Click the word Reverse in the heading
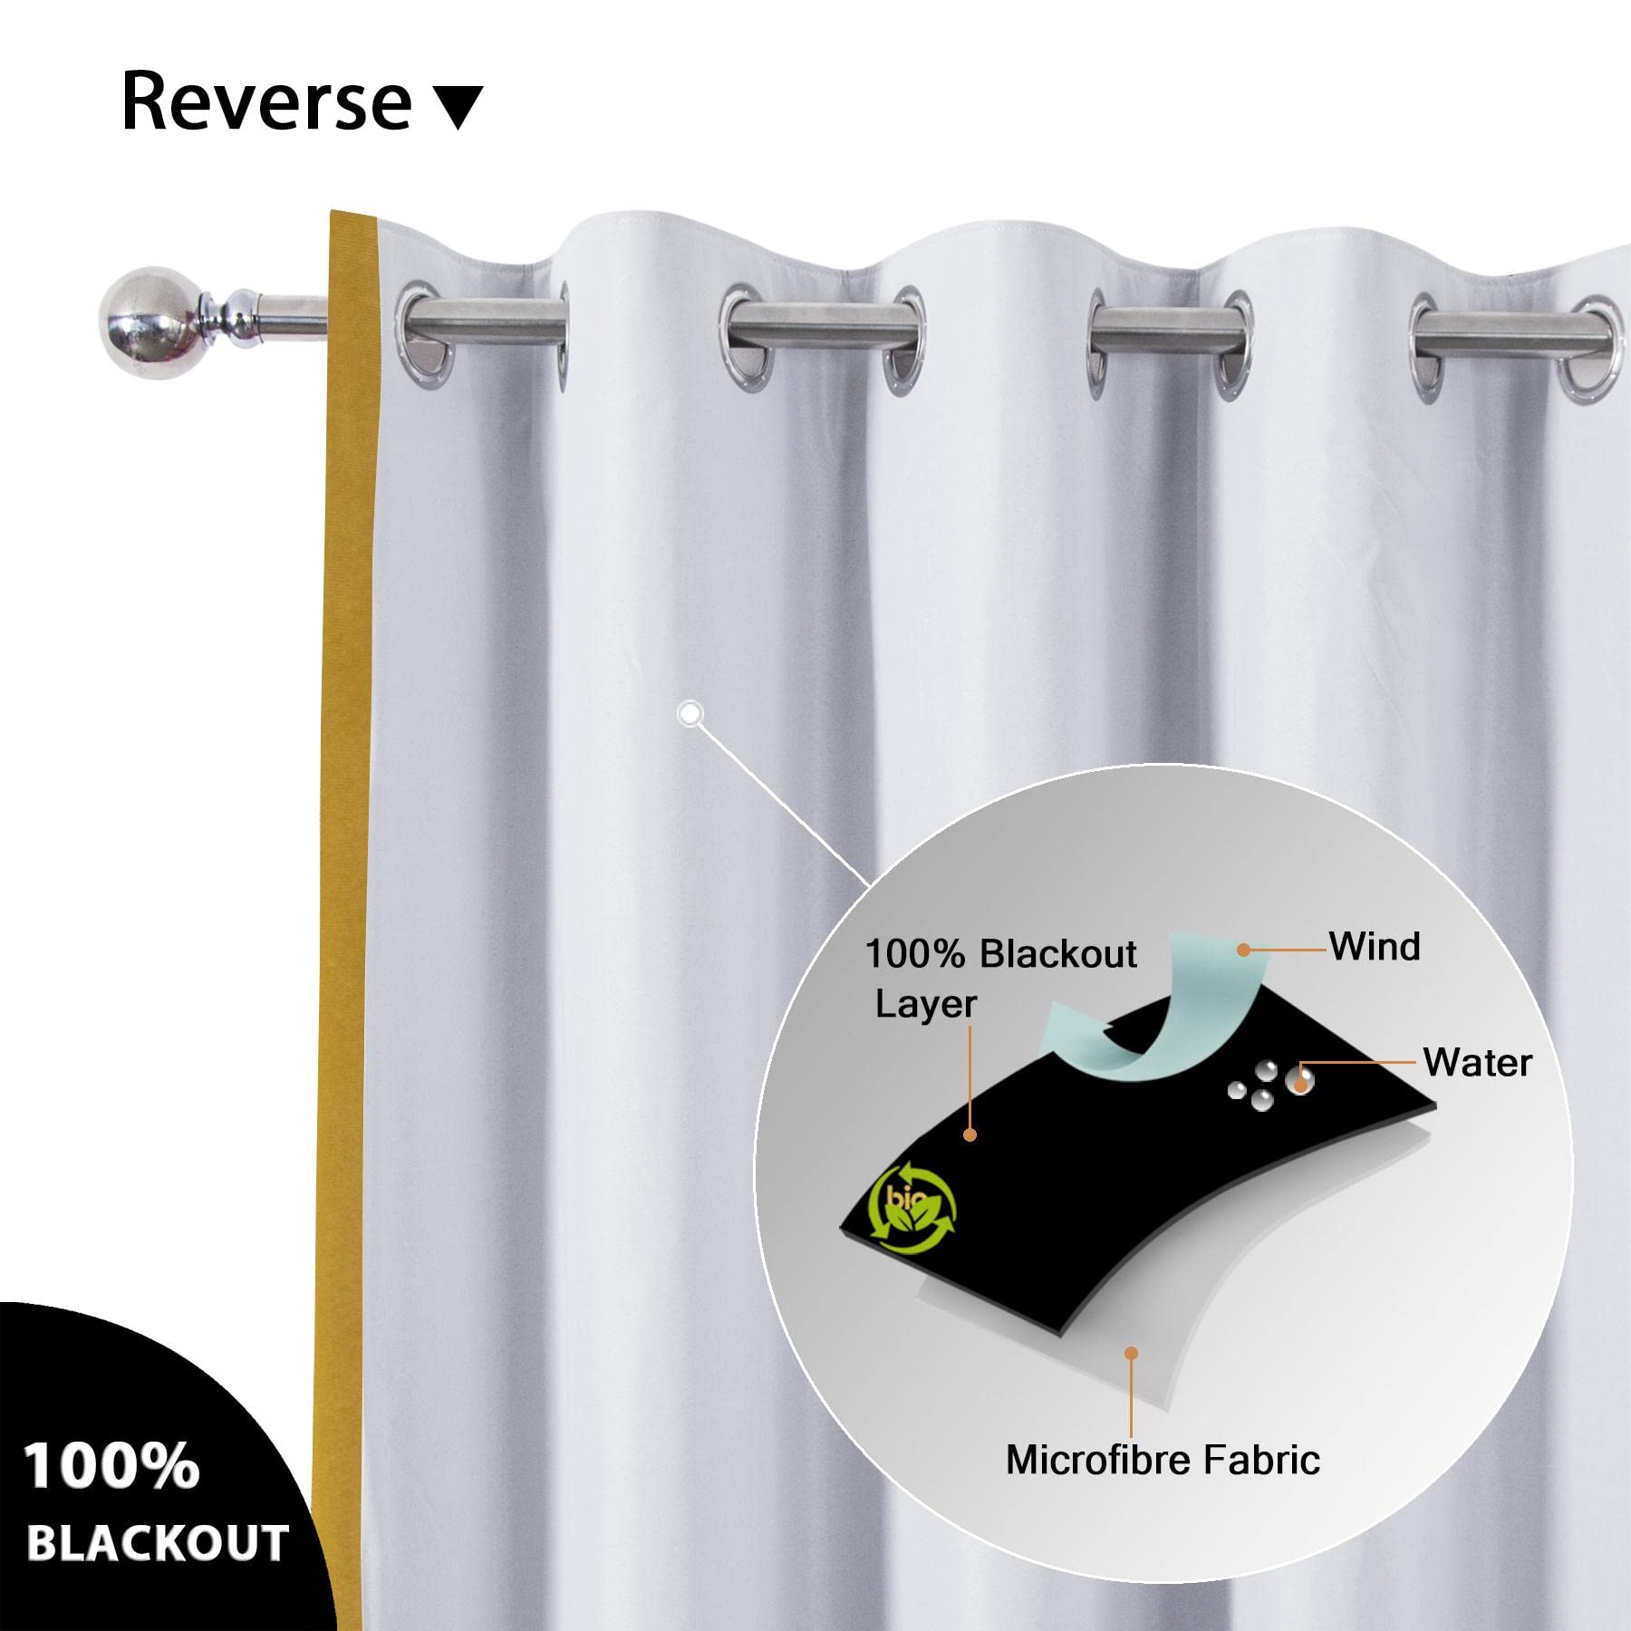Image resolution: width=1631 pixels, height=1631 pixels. pos(267,101)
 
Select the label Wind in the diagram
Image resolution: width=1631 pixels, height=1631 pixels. pos(1375,947)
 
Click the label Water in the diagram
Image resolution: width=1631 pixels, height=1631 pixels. pos(1477,1063)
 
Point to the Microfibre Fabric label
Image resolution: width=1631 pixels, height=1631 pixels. pos(1163,1460)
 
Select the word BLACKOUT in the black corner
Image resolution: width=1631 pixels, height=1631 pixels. pos(158,1543)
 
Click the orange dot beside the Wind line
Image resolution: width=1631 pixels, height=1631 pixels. pos(1244,951)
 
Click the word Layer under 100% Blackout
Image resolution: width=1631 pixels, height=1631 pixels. pos(925,1004)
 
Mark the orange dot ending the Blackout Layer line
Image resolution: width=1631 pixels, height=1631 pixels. pos(970,1134)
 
